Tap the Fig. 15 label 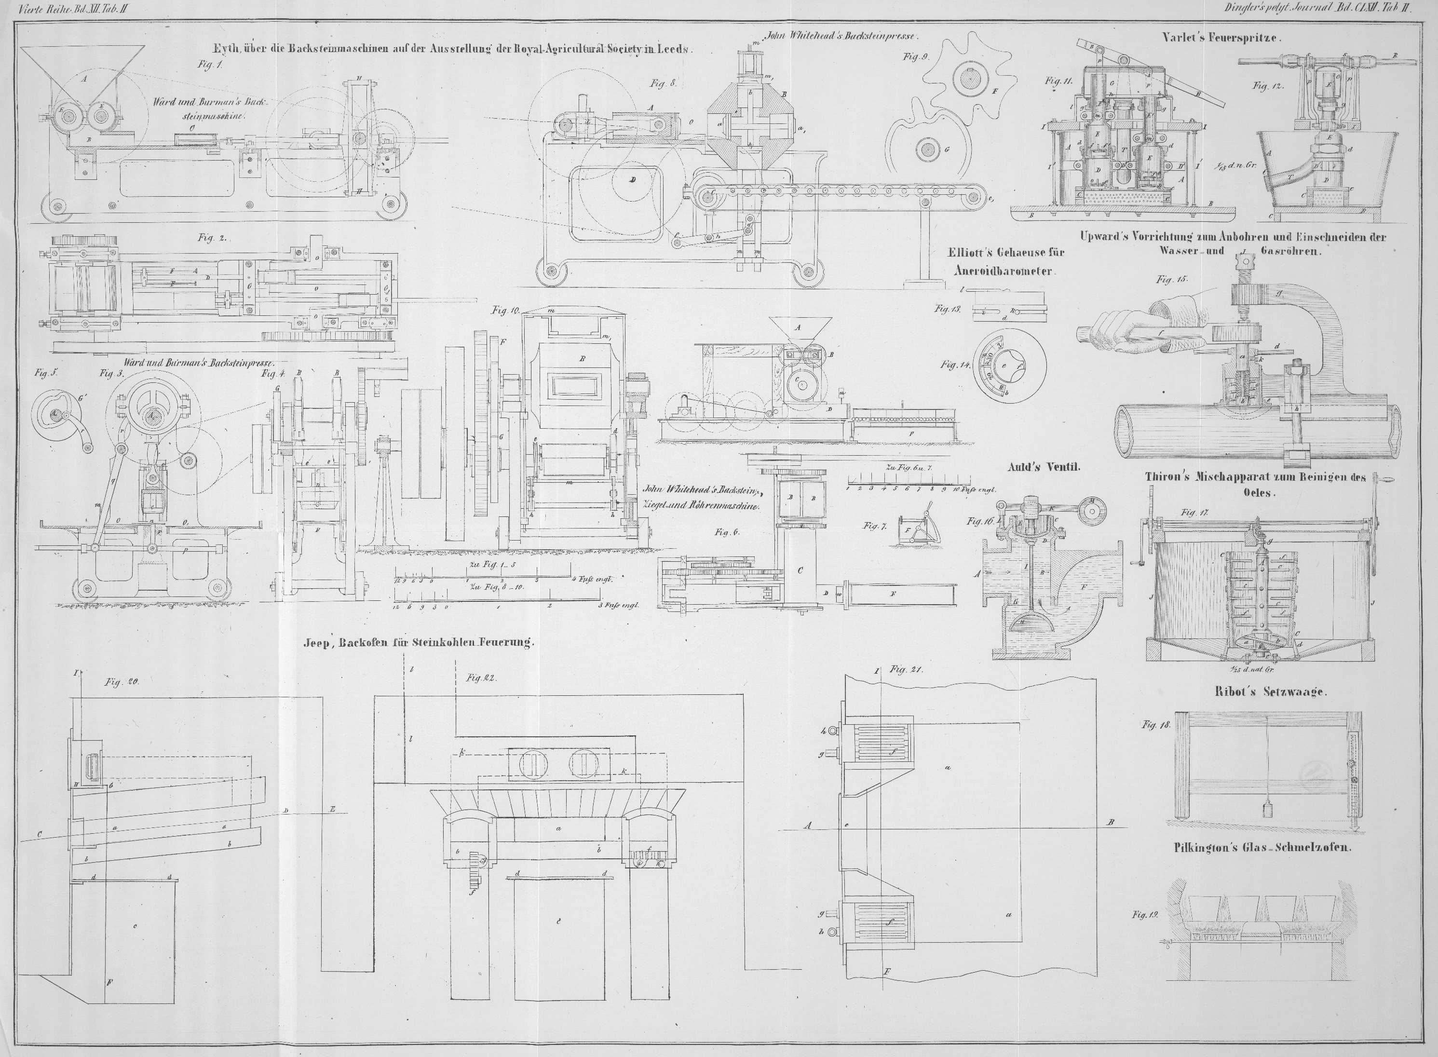click(1171, 279)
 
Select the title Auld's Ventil click(1044, 467)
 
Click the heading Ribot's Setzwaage click(1269, 691)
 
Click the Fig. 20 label click(122, 683)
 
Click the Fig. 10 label click(506, 311)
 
